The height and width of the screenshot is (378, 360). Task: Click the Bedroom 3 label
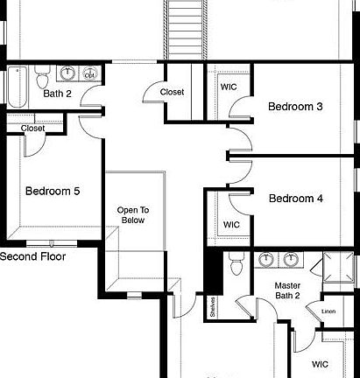295,107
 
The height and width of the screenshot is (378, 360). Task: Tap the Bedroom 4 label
295,199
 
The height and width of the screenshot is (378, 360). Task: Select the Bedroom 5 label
53,191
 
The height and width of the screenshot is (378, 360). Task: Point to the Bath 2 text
57,93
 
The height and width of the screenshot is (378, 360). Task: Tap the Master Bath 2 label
287,291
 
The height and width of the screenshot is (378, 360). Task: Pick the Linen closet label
328,311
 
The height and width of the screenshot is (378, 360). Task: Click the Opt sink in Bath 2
91,74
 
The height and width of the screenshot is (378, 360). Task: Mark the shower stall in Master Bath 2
337,267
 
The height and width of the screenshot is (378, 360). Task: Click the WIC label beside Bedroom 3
229,87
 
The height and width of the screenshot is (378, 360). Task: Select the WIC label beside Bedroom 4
231,225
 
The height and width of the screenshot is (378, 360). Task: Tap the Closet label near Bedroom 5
32,128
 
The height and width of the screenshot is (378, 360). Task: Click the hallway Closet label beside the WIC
172,91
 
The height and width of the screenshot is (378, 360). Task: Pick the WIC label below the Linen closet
320,363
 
